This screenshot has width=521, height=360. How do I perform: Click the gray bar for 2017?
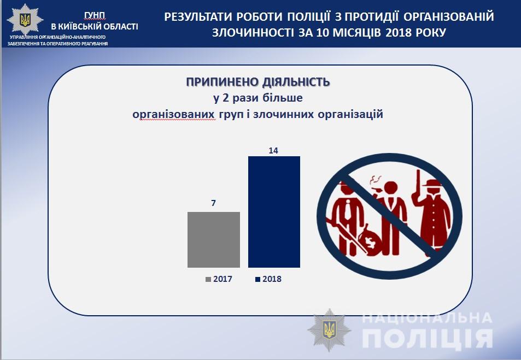(x=214, y=239)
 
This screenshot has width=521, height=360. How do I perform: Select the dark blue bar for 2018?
(x=274, y=212)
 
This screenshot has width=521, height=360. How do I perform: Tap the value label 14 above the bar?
(x=273, y=150)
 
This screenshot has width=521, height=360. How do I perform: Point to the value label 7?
(x=213, y=203)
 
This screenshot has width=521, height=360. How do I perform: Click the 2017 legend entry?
(x=219, y=279)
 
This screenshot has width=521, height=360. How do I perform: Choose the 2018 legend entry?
(x=268, y=279)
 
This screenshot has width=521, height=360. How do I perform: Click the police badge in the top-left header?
(x=25, y=20)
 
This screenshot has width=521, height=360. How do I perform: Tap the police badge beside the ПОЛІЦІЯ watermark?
(x=329, y=330)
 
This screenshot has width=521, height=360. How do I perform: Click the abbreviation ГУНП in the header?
(x=95, y=15)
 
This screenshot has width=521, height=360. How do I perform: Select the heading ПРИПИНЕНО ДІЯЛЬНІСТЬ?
(x=258, y=82)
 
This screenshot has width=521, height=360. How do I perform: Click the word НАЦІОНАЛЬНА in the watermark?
(x=426, y=318)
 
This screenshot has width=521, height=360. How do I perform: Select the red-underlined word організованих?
(x=173, y=114)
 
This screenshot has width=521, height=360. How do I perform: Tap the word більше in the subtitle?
(x=283, y=98)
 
